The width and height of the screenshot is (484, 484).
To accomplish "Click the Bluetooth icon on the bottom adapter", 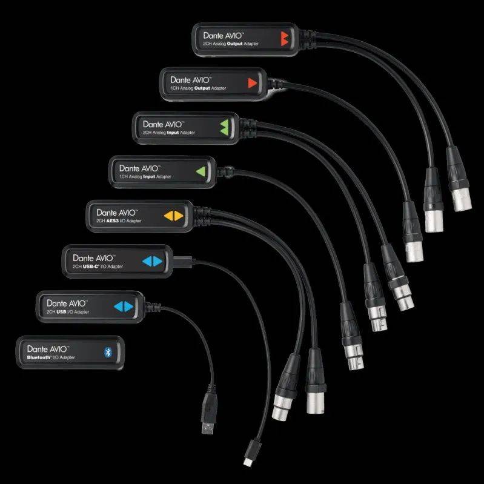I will pyautogui.click(x=110, y=351).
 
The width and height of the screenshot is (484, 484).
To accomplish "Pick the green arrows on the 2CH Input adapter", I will pyautogui.click(x=225, y=126).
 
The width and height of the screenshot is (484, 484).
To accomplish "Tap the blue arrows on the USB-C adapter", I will pyautogui.click(x=152, y=261).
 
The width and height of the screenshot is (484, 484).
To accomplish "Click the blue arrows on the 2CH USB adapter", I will pyautogui.click(x=123, y=306).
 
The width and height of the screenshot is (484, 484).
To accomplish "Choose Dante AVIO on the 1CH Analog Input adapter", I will pyautogui.click(x=139, y=167).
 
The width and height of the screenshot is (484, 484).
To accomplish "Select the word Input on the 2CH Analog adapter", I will pyautogui.click(x=175, y=131).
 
